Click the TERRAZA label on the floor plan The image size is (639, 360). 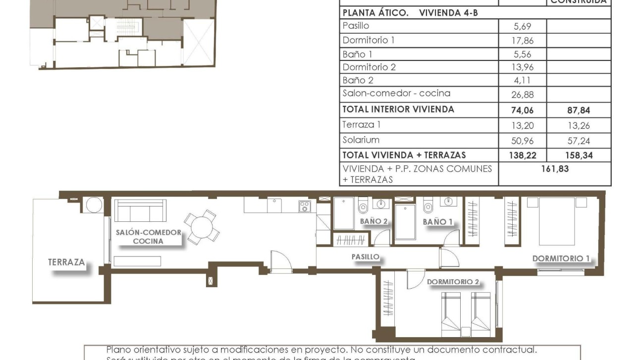[66, 262]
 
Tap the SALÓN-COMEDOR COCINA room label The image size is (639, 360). [148, 237]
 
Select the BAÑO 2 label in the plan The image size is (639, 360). [373, 221]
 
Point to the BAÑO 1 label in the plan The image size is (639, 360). [437, 222]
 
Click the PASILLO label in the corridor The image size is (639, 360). [365, 257]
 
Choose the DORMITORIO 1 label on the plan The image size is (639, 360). [561, 258]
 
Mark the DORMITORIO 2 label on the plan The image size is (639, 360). [453, 281]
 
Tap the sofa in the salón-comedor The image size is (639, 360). [140, 211]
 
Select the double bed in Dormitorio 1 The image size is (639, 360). [557, 221]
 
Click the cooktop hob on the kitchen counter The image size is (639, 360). [304, 206]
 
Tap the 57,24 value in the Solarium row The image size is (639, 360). [579, 141]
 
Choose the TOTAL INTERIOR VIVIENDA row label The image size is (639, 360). [398, 109]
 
